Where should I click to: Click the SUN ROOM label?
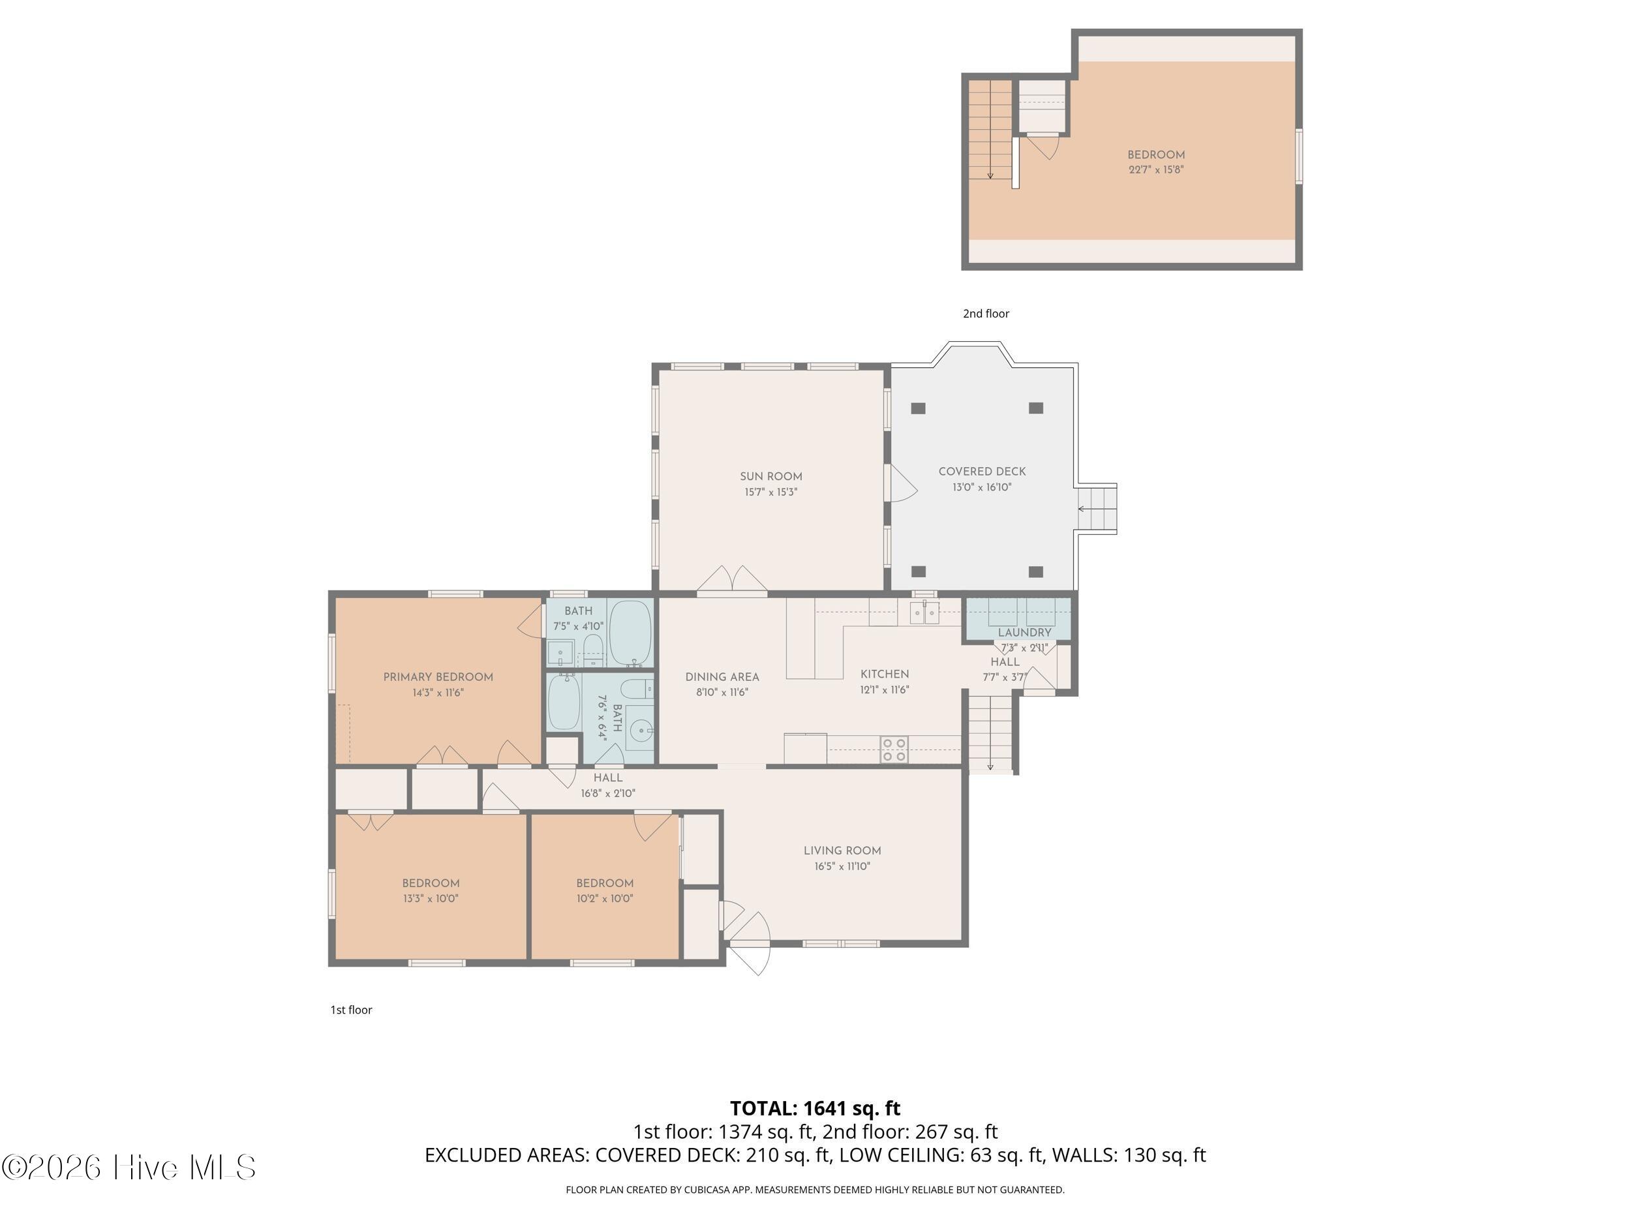tap(770, 476)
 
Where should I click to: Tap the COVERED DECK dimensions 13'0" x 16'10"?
tap(981, 487)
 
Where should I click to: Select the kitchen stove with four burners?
tap(894, 749)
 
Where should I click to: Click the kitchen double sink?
tap(924, 612)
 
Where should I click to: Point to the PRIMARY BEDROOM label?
tap(438, 677)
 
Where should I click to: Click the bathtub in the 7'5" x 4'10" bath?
tap(631, 633)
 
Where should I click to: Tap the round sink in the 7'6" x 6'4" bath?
tap(639, 732)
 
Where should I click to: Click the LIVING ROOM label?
tap(842, 850)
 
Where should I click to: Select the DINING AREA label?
tap(722, 677)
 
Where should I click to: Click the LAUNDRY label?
tap(1024, 633)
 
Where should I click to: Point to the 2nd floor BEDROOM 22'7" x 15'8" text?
tap(1155, 162)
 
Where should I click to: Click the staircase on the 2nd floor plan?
tap(990, 130)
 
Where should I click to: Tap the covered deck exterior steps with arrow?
tap(1097, 509)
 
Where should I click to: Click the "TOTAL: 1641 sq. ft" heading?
tap(815, 1108)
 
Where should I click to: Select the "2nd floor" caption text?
tap(986, 313)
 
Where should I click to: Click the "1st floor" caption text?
tap(351, 1010)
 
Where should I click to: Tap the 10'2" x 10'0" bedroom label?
tap(605, 890)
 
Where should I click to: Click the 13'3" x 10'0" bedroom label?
tap(431, 890)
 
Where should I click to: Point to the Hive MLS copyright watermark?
tap(129, 1167)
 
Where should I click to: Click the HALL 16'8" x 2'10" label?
tap(607, 785)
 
